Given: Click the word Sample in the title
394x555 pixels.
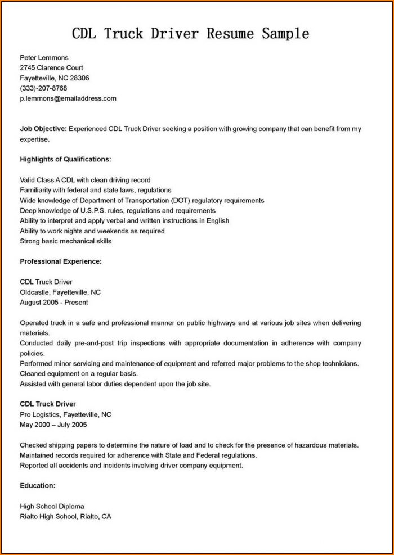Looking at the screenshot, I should [285, 33].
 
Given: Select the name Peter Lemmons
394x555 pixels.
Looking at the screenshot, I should [44, 57].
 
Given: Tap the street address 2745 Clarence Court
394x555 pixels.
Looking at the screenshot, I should [51, 67].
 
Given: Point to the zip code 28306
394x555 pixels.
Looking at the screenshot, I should [79, 78].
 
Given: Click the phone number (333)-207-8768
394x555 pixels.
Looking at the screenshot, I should [43, 88].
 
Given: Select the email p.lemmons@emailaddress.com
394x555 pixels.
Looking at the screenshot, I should [68, 98].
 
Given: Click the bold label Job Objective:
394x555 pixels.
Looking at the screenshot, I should [43, 129].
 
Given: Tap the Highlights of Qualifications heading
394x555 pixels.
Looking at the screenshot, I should [65, 159].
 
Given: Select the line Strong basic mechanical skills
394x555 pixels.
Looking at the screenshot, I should [65, 241].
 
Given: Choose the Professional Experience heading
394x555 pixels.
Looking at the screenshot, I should [61, 261].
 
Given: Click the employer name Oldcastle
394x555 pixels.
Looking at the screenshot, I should [35, 292].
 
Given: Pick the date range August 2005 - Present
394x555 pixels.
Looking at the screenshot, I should [54, 302].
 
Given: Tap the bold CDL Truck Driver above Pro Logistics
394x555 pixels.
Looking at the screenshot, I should [48, 404].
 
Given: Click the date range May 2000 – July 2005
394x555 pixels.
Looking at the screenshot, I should [53, 425].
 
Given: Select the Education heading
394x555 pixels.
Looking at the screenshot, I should [38, 485].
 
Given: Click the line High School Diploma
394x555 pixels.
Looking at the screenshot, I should [52, 506].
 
